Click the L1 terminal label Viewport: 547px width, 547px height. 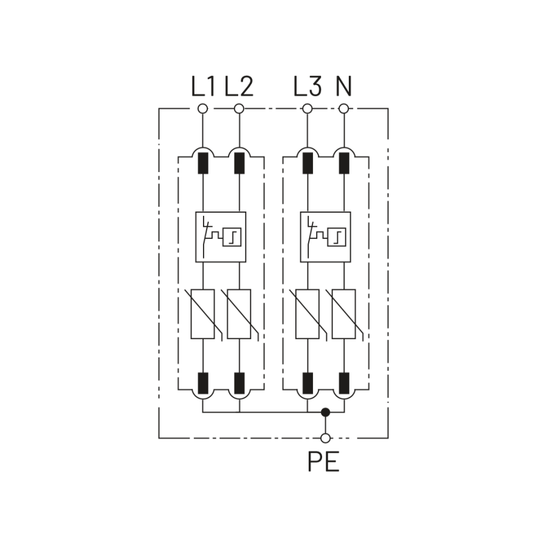pos(203,87)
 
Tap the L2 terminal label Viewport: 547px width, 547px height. pos(238,87)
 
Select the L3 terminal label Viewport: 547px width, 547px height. pos(307,87)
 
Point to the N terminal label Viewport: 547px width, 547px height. pos(344,87)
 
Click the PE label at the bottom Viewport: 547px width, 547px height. pos(323,463)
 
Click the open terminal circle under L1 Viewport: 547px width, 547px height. pos(203,109)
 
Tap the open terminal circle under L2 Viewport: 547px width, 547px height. pos(239,109)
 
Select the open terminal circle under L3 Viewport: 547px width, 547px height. pos(308,109)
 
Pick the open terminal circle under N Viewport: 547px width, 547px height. pos(344,109)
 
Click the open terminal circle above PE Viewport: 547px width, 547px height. pos(326,438)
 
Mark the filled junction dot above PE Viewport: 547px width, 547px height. pos(326,412)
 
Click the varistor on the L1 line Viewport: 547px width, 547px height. pos(203,314)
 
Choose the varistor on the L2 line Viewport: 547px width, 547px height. pos(239,314)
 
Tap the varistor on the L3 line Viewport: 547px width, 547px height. pos(308,314)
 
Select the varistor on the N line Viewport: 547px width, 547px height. pos(344,314)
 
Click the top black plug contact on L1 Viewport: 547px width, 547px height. pos(203,163)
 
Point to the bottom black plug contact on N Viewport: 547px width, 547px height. pos(344,383)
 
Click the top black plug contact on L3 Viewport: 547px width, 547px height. pos(308,163)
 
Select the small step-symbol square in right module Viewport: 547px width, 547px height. pos(336,237)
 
